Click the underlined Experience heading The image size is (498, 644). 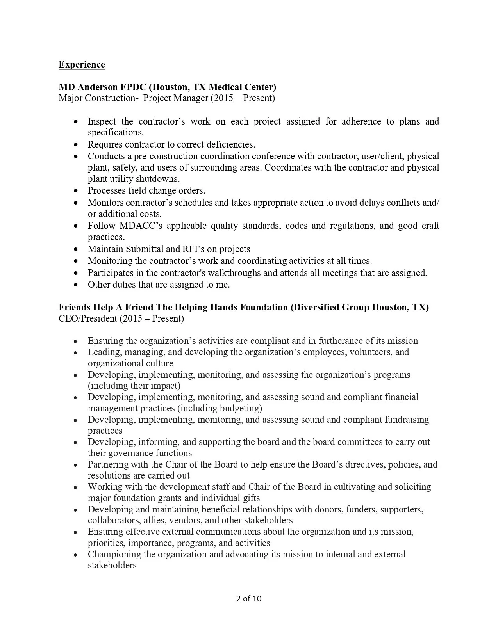tap(82, 64)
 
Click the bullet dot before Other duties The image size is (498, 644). tap(76, 285)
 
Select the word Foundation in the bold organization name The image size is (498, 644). tap(264, 307)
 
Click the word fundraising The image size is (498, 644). tap(407, 420)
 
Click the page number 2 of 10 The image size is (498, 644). tap(249, 598)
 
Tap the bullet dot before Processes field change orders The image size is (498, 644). tap(76, 191)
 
